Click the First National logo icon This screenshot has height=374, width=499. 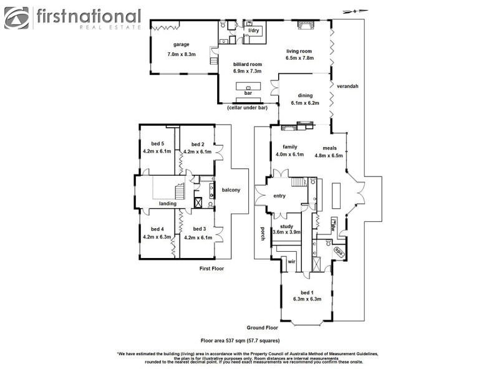[x=17, y=18]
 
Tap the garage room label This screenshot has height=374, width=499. [x=182, y=45]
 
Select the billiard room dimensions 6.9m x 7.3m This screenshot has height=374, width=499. [x=247, y=72]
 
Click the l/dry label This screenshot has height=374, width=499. [x=253, y=31]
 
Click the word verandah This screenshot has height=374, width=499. [x=347, y=86]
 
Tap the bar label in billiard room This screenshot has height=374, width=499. [x=248, y=93]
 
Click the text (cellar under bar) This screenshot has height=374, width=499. [x=247, y=108]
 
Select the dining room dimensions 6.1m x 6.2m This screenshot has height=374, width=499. [x=305, y=103]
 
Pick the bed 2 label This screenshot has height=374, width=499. [x=198, y=143]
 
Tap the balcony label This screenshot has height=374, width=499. [x=231, y=190]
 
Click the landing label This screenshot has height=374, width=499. [x=167, y=204]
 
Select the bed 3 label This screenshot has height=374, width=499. [x=199, y=229]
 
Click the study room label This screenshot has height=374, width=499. [x=286, y=226]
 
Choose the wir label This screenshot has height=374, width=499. [x=291, y=262]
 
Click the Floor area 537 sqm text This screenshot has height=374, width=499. [x=240, y=341]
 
